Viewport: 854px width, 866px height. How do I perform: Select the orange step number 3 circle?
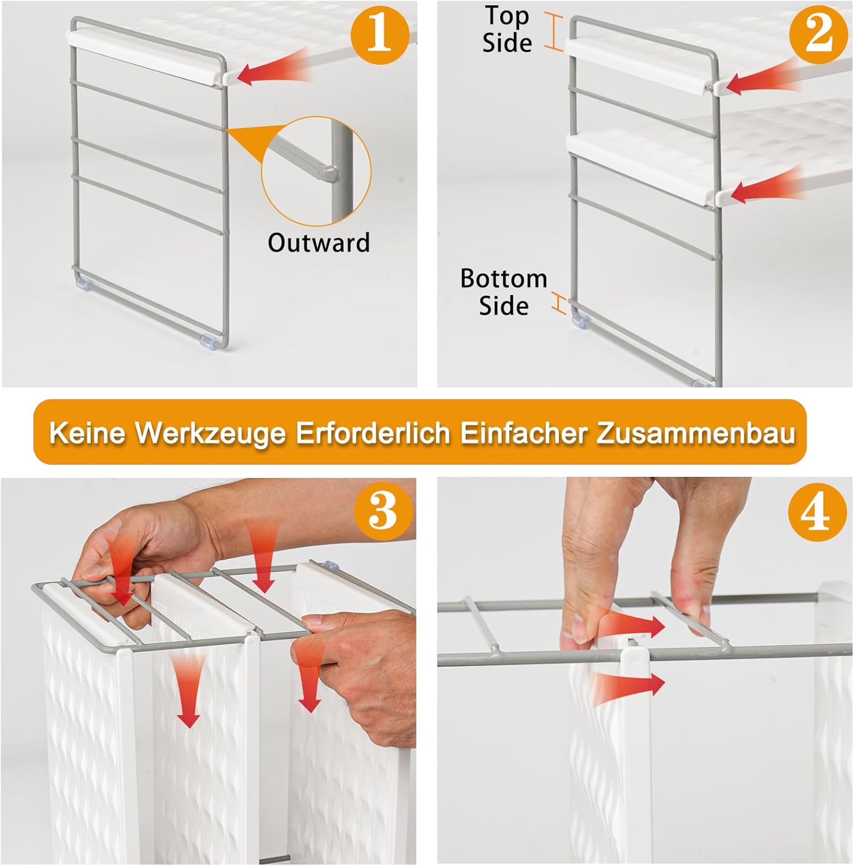click(x=383, y=511)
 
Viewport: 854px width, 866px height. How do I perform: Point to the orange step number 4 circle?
click(x=817, y=512)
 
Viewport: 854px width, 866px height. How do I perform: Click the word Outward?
click(x=319, y=242)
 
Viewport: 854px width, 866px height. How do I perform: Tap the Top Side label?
click(x=507, y=29)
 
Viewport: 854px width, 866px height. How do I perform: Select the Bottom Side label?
click(x=504, y=292)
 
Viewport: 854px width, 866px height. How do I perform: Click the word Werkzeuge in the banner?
click(x=211, y=432)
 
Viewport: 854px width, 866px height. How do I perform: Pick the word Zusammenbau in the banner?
click(x=695, y=432)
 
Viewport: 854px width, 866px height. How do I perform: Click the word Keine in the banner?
click(x=87, y=432)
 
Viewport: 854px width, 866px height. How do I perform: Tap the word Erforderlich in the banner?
click(x=373, y=432)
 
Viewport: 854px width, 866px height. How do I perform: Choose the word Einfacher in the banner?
click(x=523, y=432)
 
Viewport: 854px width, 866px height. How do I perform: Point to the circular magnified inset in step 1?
click(x=316, y=171)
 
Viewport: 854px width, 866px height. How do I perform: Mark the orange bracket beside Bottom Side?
click(x=558, y=304)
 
